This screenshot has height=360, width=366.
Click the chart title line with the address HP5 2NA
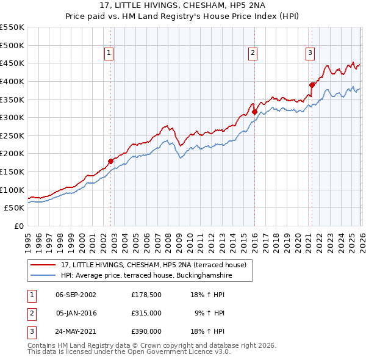point(182,5)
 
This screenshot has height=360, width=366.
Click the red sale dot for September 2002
point(110,162)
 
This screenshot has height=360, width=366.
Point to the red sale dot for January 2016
point(254,112)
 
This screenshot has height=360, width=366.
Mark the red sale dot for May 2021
point(312,85)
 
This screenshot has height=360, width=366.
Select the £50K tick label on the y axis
point(15,208)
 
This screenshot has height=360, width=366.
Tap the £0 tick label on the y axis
point(19,226)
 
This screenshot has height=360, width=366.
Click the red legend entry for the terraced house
point(153,265)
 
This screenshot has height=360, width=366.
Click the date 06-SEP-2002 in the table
point(76,294)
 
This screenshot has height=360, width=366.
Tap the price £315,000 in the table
point(146,313)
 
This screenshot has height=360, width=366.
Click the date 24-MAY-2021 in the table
point(76,331)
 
